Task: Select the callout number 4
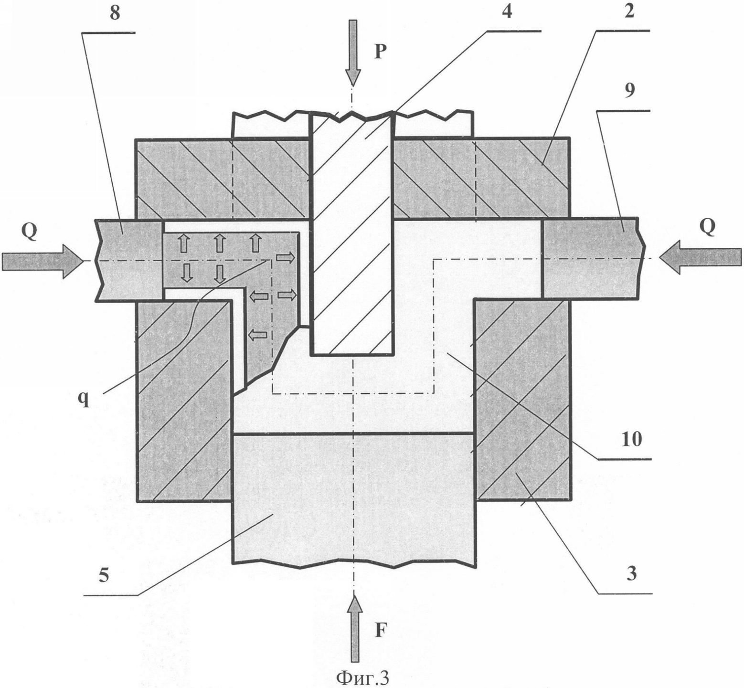507,12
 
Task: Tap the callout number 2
629,11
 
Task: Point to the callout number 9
630,91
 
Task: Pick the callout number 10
632,439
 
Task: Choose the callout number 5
104,575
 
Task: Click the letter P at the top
380,51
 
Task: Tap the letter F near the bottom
380,631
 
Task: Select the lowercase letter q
84,400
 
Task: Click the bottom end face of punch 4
352,355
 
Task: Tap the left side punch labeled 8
129,260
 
